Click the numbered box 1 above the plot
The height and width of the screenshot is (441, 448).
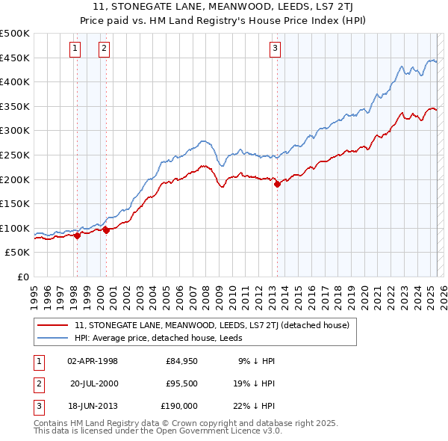click(75, 49)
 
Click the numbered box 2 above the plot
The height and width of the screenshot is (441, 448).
click(103, 49)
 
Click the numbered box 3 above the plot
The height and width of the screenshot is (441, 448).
click(275, 49)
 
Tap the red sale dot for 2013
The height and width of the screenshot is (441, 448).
click(277, 184)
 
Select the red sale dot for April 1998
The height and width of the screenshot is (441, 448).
click(77, 235)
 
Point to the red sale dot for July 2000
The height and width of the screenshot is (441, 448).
click(106, 230)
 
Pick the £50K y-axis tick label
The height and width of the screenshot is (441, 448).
click(18, 253)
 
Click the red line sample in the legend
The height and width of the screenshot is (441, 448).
click(52, 325)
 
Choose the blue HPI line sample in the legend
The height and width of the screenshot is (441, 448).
click(52, 338)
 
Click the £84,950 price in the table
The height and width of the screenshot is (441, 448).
click(181, 361)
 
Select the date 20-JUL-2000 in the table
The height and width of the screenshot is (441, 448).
click(94, 383)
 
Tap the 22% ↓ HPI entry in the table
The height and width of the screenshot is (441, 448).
click(256, 406)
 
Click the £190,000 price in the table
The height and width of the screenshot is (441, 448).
click(180, 406)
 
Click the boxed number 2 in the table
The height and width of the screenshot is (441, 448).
click(37, 383)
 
